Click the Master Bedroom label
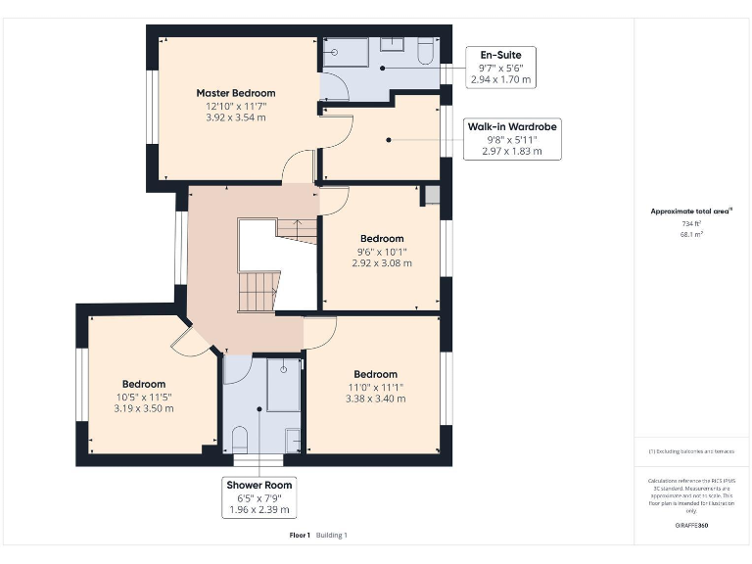click(235, 93)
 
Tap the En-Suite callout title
click(499, 54)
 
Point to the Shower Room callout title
click(259, 485)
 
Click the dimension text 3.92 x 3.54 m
click(235, 117)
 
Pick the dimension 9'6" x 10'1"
click(381, 251)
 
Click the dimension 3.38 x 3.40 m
click(375, 399)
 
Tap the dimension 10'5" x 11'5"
click(144, 397)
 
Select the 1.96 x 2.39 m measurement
click(259, 510)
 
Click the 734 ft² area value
click(691, 223)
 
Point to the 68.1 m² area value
click(691, 234)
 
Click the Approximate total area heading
click(690, 211)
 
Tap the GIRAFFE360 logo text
click(691, 526)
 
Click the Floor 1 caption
click(300, 536)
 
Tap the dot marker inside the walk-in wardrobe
click(389, 140)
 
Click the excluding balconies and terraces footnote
click(691, 451)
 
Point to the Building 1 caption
click(331, 536)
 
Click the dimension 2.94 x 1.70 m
click(500, 79)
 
